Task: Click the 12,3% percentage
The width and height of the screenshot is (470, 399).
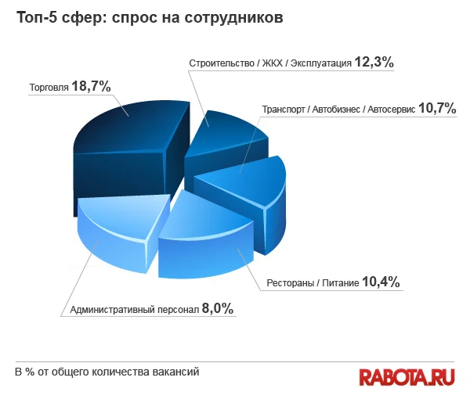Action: [373, 61]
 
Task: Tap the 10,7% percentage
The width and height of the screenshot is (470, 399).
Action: [436, 108]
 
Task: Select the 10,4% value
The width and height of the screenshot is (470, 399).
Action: [381, 282]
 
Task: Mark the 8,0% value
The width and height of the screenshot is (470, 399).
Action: [217, 308]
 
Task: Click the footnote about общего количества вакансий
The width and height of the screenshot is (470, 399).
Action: [107, 371]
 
